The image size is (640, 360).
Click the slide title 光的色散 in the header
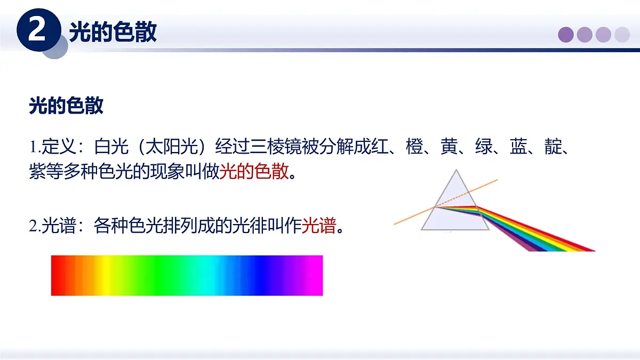tap(113, 32)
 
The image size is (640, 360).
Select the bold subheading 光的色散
tap(66, 106)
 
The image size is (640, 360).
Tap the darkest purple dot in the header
tap(566, 35)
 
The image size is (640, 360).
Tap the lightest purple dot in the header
tap(622, 35)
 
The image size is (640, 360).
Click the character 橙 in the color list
tap(414, 146)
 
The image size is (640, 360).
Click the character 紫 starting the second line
tap(37, 172)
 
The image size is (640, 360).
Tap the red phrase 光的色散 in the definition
tap(254, 172)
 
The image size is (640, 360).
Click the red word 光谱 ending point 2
tap(319, 226)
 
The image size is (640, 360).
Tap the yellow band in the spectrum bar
tap(107, 275)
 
